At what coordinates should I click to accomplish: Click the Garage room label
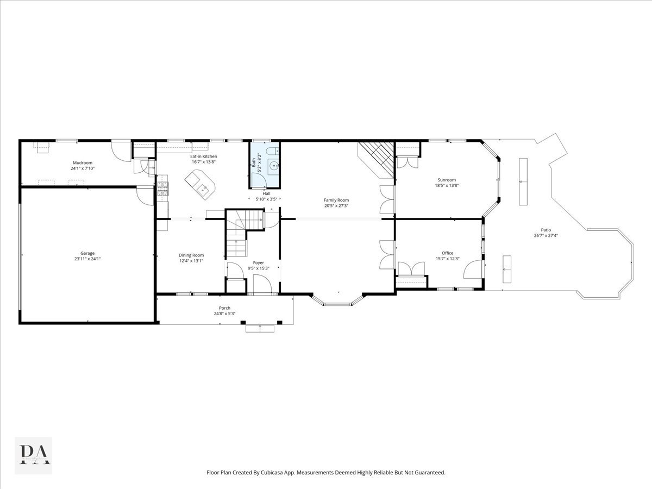(87, 253)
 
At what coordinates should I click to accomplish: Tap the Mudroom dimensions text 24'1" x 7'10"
(83, 168)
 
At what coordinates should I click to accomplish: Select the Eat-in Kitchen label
(203, 156)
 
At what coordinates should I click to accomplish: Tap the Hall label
(266, 193)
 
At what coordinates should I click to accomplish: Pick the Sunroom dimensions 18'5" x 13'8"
(447, 185)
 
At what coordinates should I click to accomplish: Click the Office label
(447, 253)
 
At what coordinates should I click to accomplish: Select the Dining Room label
(191, 255)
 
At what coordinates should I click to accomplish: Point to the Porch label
(224, 308)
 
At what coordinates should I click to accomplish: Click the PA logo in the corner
(34, 455)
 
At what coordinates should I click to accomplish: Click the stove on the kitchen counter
(162, 189)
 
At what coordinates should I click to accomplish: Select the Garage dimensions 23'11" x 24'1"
(87, 259)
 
